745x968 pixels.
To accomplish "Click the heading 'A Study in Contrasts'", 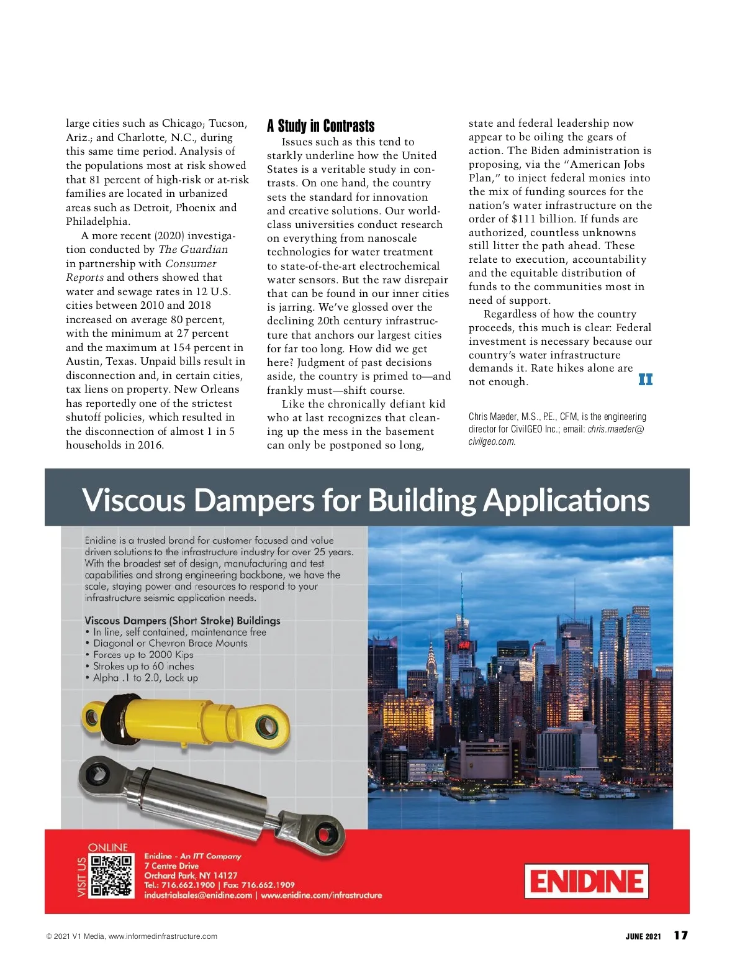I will point(320,126).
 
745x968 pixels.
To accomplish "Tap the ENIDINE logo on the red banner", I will point(586,880).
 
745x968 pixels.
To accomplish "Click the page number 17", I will point(680,936).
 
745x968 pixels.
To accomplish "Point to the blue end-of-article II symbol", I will point(645,380).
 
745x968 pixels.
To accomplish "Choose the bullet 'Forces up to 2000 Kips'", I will point(143,655).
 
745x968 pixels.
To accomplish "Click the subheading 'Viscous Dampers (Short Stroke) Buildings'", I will point(182,621).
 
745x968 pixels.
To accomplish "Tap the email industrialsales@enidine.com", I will point(198,895).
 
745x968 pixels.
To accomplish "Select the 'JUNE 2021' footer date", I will point(643,936).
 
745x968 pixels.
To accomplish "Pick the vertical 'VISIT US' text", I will point(82,877).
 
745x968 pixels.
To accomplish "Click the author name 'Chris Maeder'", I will point(492,417).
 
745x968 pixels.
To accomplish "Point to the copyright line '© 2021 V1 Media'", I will point(75,936).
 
